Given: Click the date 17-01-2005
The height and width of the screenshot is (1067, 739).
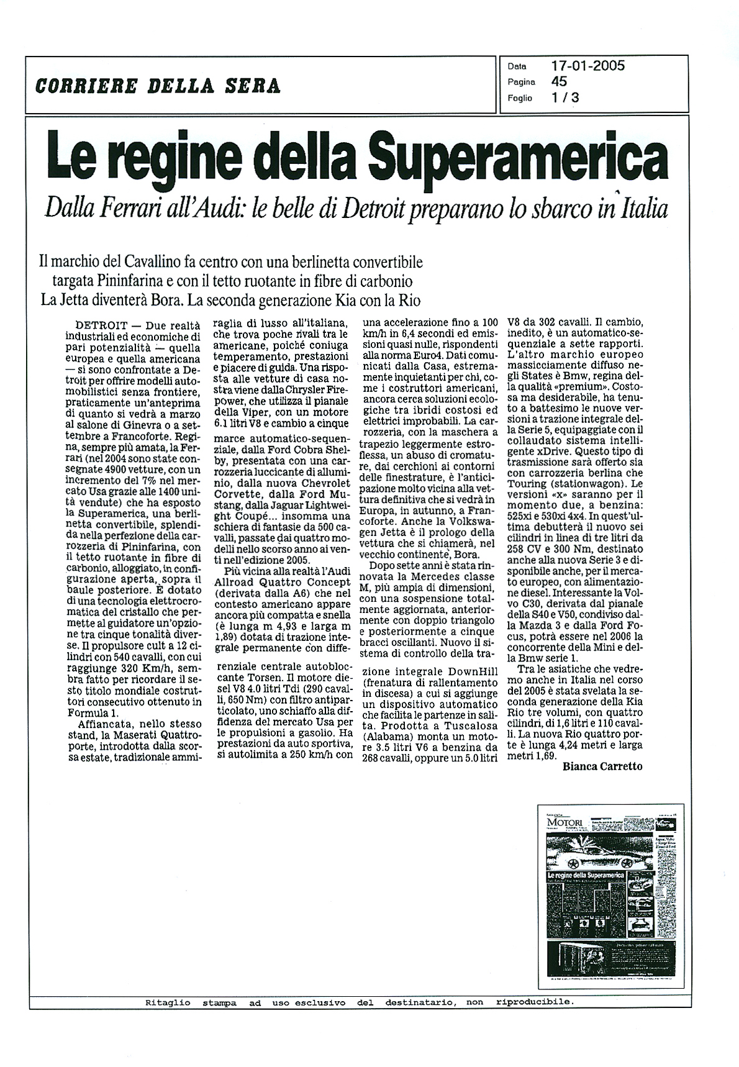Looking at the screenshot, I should [x=587, y=66].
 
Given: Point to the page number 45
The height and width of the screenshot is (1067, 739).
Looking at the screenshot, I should [x=558, y=81].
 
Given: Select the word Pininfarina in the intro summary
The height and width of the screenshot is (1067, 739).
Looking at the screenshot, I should [x=140, y=280].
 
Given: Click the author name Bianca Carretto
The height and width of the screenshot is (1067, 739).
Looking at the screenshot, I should [x=602, y=766].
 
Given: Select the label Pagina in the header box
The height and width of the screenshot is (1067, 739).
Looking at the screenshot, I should [x=521, y=81].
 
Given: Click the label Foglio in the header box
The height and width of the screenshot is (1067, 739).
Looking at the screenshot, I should [x=520, y=98].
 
